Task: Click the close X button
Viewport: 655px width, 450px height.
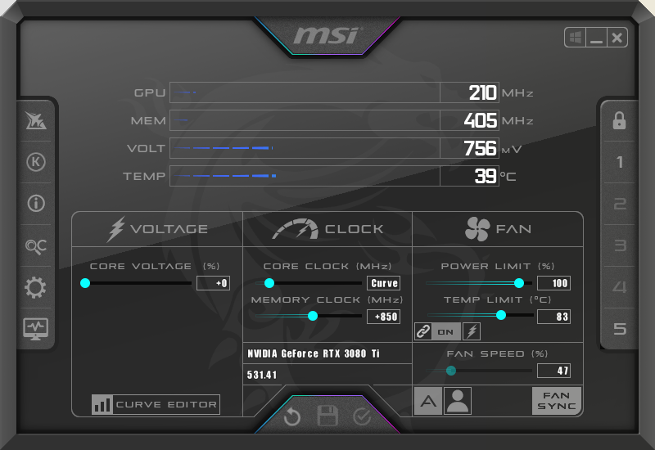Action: (x=617, y=38)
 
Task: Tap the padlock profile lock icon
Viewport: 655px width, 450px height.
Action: (x=619, y=120)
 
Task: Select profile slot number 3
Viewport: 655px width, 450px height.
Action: (x=620, y=245)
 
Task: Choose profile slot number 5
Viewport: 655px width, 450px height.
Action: (x=620, y=329)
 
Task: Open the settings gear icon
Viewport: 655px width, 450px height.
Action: (x=35, y=287)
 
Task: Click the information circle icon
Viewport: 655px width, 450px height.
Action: (x=36, y=203)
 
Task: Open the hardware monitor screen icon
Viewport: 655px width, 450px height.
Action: (x=35, y=329)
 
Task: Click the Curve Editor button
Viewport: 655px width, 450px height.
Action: (x=156, y=404)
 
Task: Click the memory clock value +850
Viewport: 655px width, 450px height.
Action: (x=383, y=317)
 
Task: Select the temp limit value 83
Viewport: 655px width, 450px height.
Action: (x=554, y=317)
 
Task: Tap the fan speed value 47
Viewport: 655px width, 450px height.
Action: (x=554, y=371)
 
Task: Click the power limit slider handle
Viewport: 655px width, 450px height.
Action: (x=519, y=283)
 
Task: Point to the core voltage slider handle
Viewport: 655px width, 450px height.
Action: (x=85, y=283)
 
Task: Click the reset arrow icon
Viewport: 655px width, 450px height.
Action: (x=292, y=416)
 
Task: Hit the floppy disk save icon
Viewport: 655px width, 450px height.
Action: (x=327, y=416)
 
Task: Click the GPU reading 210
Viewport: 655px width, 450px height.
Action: (x=482, y=92)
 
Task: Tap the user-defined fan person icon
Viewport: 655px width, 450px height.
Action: (x=458, y=401)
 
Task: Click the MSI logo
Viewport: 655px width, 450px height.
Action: (x=326, y=35)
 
